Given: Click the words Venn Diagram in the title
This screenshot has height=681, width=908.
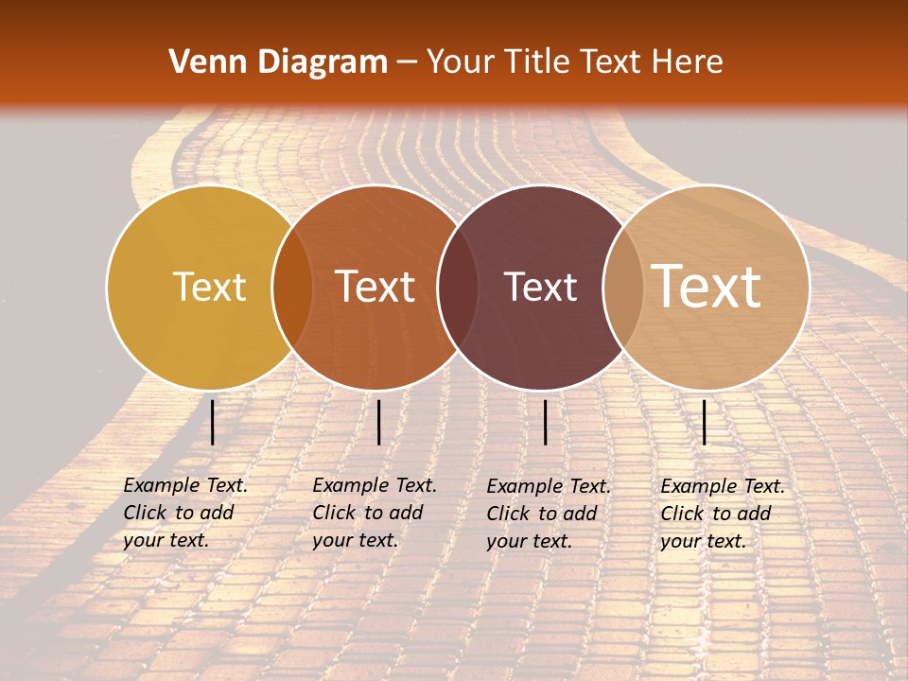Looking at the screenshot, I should [278, 62].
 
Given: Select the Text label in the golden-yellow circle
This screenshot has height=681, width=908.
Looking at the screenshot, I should [209, 287].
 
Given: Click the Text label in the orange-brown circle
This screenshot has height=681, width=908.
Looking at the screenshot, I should [375, 287].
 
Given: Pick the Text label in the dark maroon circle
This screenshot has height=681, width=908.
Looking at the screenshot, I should [540, 287].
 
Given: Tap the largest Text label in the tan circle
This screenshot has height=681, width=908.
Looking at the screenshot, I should [706, 286].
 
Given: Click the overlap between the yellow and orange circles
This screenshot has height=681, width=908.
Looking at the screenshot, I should [292, 288].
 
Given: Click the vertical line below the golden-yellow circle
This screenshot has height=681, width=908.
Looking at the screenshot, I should [212, 422].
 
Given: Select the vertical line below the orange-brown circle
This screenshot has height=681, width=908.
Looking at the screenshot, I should [378, 422].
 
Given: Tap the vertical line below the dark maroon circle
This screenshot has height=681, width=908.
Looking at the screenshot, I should [546, 422].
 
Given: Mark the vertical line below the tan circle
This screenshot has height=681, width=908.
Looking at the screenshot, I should [705, 422].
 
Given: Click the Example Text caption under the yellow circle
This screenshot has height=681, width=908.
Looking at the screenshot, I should [185, 485].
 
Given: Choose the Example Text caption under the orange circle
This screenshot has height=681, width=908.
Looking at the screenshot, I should [375, 485].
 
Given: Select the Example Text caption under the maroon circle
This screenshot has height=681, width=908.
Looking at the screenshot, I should [549, 486].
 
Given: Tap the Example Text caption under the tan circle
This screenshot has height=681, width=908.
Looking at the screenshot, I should [723, 486].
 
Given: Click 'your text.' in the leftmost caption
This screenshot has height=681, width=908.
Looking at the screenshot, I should [166, 541].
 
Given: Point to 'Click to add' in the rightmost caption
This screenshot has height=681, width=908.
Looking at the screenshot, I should [716, 514].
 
